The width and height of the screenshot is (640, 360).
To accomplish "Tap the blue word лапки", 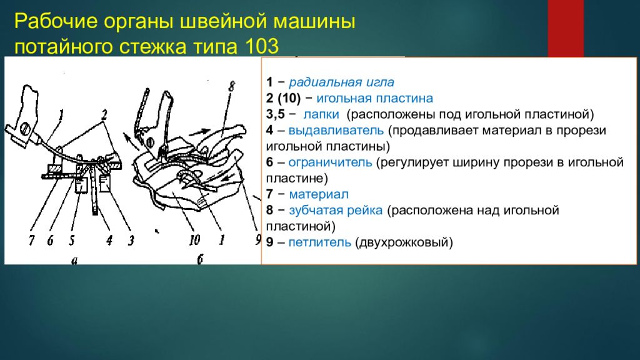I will tap(322, 115).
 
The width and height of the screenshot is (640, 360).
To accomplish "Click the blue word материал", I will tap(320, 195).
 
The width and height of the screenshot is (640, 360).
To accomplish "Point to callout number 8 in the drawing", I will tap(231, 87).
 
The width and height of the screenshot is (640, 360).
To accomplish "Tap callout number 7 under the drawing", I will tap(31, 240).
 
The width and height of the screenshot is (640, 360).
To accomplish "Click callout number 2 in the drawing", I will tap(104, 114).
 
